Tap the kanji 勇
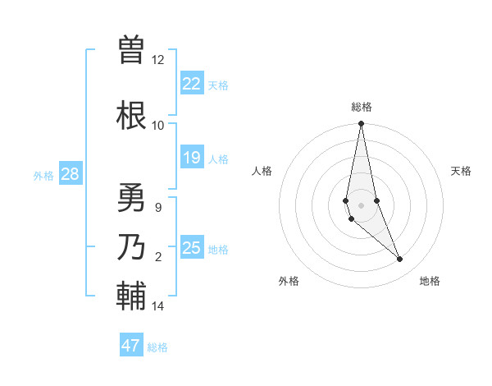[x=131, y=198]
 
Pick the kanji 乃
[x=131, y=247]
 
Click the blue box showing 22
[x=192, y=84]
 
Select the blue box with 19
[x=192, y=158]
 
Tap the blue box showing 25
[x=192, y=247]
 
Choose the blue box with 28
[x=70, y=174]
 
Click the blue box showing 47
[x=131, y=346]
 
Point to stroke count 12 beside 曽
[x=157, y=60]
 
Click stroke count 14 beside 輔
[x=157, y=306]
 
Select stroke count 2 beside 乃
[x=158, y=257]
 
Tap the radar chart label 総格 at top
[x=362, y=107]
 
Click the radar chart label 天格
[x=461, y=171]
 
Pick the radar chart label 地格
[x=430, y=281]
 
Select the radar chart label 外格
[x=289, y=281]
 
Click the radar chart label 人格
[x=262, y=171]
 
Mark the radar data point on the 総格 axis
[x=361, y=124]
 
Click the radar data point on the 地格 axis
[x=400, y=260]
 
